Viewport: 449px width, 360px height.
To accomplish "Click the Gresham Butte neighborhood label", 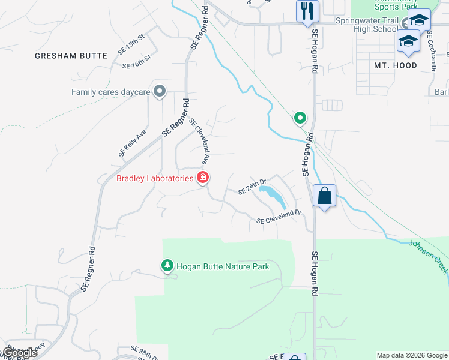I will tap(71, 56).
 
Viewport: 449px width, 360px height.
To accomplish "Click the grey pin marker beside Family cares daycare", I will tap(159, 91).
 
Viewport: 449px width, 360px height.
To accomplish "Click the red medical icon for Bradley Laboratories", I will tap(203, 178).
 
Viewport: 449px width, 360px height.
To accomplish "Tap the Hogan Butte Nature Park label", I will tap(223, 266).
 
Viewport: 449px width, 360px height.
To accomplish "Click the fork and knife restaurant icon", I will tap(307, 11).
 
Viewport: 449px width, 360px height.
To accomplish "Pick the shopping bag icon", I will tap(324, 196).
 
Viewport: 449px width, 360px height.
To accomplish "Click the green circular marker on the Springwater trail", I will tap(300, 118).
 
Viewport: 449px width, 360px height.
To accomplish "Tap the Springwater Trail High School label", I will tap(366, 24).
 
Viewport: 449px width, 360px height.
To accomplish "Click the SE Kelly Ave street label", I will tap(133, 143).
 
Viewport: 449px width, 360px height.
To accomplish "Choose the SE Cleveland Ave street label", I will tap(199, 141).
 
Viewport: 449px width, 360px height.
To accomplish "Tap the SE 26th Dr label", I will tap(252, 189).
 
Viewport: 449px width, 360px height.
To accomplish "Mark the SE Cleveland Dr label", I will tap(278, 217).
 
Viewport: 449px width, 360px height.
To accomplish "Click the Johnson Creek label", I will tap(429, 257).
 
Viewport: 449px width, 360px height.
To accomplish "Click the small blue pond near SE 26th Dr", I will tap(271, 195).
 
